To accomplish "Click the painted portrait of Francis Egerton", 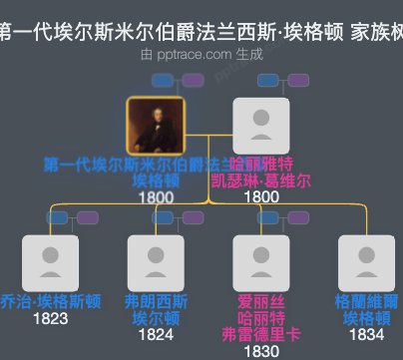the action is pyautogui.click(x=155, y=127).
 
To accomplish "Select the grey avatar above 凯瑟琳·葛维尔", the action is pyautogui.click(x=260, y=127).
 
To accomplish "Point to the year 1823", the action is pyautogui.click(x=50, y=319).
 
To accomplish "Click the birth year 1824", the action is pyautogui.click(x=156, y=335).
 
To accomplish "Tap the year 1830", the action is pyautogui.click(x=260, y=351).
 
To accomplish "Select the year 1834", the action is pyautogui.click(x=366, y=335).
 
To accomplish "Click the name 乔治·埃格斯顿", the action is pyautogui.click(x=50, y=302).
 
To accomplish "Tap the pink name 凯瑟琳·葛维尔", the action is pyautogui.click(x=260, y=180).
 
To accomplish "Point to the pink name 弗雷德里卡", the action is pyautogui.click(x=260, y=334).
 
